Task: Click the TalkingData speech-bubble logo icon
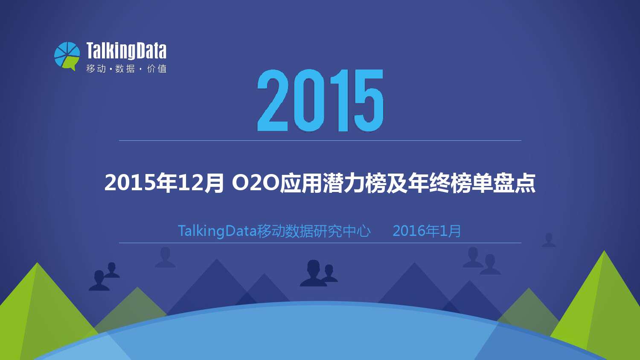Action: [67, 56]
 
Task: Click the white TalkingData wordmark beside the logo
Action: [126, 51]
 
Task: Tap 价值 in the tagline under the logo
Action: [157, 69]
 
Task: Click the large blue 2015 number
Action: [320, 100]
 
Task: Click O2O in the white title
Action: [255, 183]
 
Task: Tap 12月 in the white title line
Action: [201, 183]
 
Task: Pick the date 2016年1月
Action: [427, 231]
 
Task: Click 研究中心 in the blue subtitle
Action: [342, 231]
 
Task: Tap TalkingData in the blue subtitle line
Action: [217, 231]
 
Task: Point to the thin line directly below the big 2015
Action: [320, 141]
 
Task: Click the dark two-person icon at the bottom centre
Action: [319, 273]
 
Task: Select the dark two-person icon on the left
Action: [104, 276]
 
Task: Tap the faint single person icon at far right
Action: [549, 240]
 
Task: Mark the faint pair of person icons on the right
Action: [481, 261]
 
